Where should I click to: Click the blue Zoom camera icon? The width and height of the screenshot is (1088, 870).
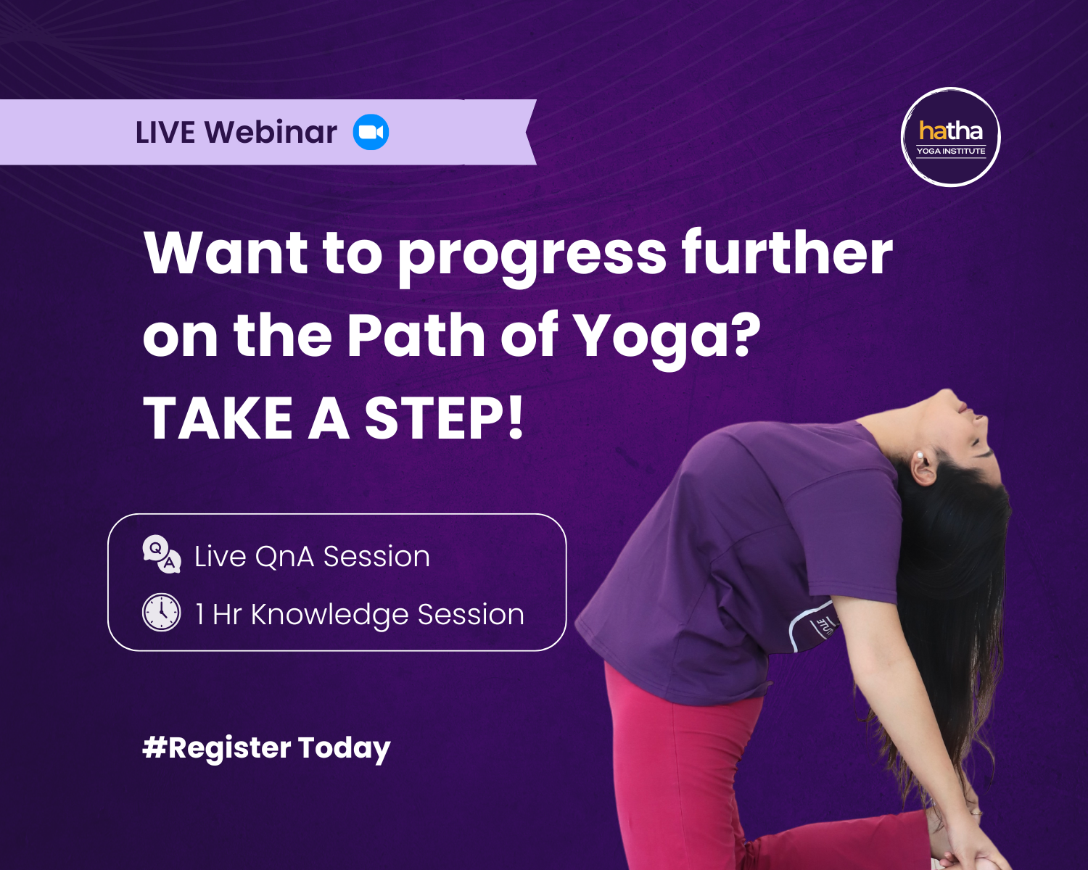371,132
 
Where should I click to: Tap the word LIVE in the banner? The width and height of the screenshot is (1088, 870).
165,133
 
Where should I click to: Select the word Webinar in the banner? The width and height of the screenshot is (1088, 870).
271,132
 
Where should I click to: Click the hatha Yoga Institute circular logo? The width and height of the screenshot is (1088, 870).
950,137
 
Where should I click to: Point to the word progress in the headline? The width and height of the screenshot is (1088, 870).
532,257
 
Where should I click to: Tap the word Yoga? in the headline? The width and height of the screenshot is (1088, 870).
668,339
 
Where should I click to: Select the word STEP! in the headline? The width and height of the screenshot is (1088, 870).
444,418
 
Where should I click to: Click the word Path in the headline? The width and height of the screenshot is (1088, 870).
416,335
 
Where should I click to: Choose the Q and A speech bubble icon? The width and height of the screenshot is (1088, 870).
162,555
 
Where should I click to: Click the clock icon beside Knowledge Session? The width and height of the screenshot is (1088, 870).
161,612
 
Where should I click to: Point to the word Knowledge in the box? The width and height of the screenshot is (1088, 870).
329,616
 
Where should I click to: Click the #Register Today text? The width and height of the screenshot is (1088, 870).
266,749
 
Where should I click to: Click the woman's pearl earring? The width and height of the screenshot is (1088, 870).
918,455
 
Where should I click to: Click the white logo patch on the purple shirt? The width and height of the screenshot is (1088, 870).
812,626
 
